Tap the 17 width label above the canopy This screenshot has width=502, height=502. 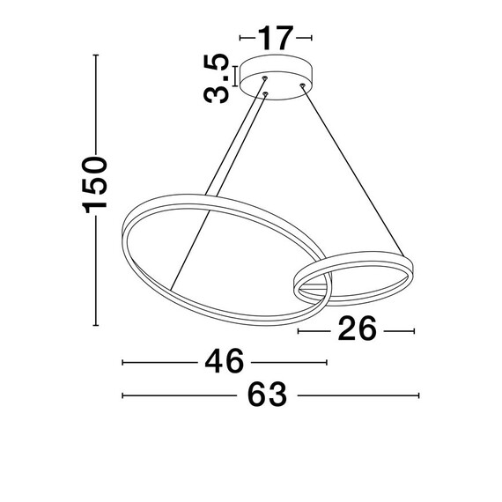276,38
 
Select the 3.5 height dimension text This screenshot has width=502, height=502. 217,79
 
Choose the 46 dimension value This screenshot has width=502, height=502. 224,362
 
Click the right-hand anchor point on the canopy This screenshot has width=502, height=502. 302,85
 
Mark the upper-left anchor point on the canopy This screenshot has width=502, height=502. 264,79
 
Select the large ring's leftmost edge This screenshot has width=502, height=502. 122,234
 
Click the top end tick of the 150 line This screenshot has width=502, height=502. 95,56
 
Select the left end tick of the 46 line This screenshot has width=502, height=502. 122,362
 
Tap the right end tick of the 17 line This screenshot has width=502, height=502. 312,38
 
